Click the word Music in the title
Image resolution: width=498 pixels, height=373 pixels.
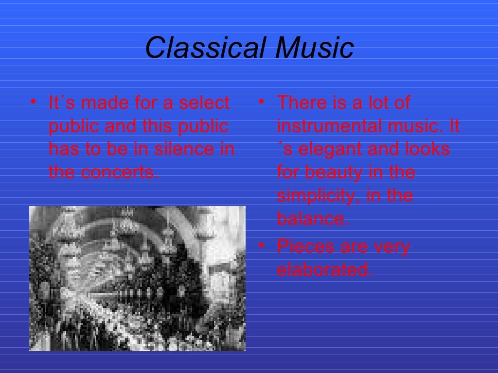click(x=314, y=48)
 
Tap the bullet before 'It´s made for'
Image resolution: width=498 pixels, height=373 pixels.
click(x=33, y=102)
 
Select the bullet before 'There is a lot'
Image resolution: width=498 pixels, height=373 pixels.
click(x=261, y=102)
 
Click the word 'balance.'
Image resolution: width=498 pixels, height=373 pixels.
click(x=313, y=219)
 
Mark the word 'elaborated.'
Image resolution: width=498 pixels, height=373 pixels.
click(x=324, y=270)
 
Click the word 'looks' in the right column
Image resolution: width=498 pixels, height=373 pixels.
click(x=427, y=149)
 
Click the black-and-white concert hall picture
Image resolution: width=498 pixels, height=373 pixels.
click(x=137, y=278)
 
